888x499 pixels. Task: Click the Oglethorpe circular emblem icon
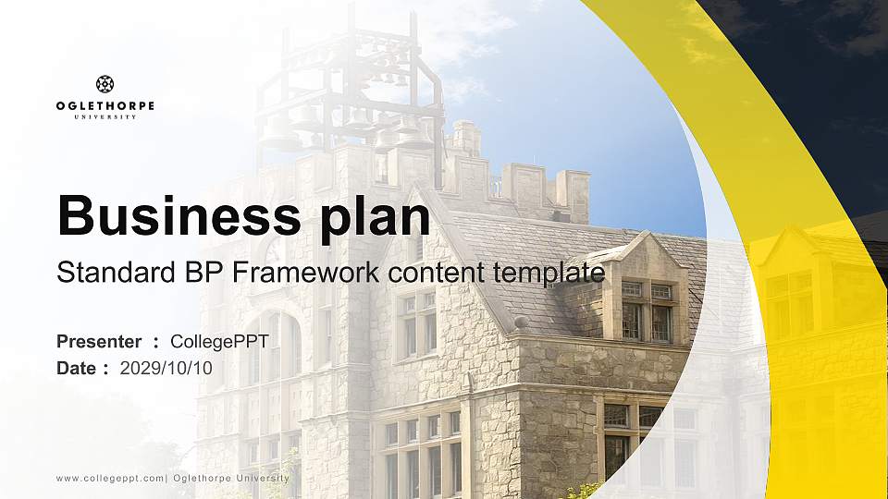pos(105,84)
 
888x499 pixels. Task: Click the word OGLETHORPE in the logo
pos(105,106)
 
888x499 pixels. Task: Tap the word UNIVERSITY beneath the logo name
pos(105,117)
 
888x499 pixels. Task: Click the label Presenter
pos(99,342)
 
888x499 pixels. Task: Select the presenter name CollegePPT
pos(219,342)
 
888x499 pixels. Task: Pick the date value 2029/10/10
pos(166,368)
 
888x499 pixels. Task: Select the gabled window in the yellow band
pos(791,296)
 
